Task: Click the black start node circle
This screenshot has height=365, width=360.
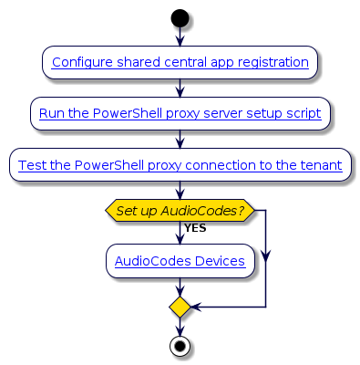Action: pyautogui.click(x=180, y=17)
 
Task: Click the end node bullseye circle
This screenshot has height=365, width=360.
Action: pyautogui.click(x=180, y=347)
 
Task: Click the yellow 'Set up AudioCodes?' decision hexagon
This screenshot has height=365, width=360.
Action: pyautogui.click(x=180, y=211)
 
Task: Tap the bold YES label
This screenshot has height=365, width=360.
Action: pyautogui.click(x=194, y=228)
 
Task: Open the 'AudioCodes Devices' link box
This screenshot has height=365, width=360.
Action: pyautogui.click(x=180, y=261)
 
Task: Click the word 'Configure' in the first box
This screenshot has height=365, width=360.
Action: pyautogui.click(x=81, y=63)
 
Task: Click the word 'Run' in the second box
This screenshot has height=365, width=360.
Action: pyautogui.click(x=52, y=114)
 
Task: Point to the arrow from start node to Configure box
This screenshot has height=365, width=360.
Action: pyautogui.click(x=180, y=36)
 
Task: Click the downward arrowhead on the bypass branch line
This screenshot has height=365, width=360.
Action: pyautogui.click(x=265, y=259)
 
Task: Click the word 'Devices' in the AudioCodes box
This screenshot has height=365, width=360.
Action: pyautogui.click(x=220, y=261)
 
